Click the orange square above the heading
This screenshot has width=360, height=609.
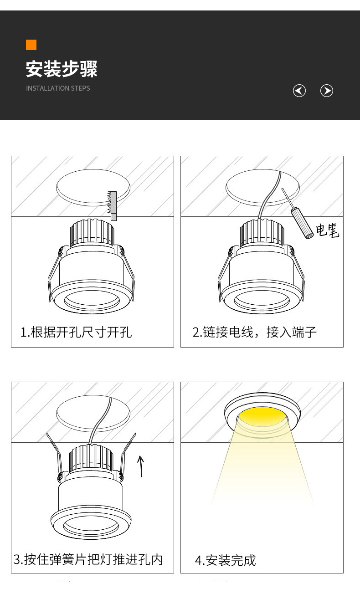pyautogui.click(x=31, y=45)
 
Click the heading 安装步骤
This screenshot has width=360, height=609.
pyautogui.click(x=62, y=69)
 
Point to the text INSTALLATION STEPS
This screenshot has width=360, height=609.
pyautogui.click(x=58, y=88)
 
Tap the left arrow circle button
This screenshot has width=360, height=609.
pyautogui.click(x=299, y=91)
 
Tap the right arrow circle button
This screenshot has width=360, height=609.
pyautogui.click(x=327, y=91)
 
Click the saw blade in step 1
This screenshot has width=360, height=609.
pyautogui.click(x=112, y=205)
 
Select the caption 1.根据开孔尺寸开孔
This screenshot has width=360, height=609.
pyautogui.click(x=76, y=332)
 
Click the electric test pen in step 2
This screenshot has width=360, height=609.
pyautogui.click(x=298, y=214)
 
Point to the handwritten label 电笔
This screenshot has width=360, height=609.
pyautogui.click(x=327, y=230)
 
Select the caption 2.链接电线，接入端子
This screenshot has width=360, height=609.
pyautogui.click(x=254, y=332)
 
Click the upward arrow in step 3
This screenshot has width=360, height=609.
pyautogui.click(x=140, y=466)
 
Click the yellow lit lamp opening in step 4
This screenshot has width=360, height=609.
pyautogui.click(x=262, y=416)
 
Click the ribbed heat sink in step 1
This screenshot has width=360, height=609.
pyautogui.click(x=92, y=232)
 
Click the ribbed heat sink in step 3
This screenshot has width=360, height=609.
pyautogui.click(x=91, y=459)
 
